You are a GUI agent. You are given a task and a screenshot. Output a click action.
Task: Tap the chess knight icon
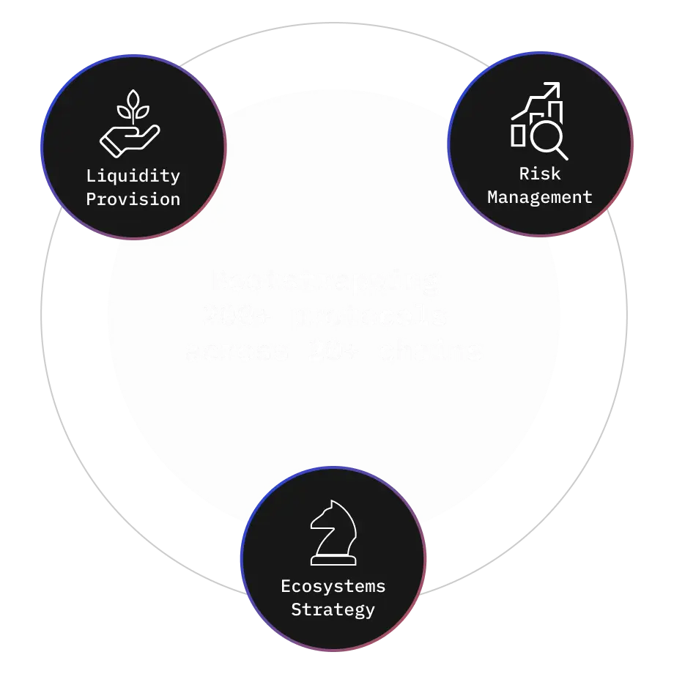click(x=333, y=533)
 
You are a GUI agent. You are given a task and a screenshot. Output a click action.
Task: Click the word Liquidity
click(x=133, y=176)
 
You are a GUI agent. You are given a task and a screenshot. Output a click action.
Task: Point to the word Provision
click(x=133, y=199)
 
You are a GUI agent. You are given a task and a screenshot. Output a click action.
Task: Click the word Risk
click(x=540, y=174)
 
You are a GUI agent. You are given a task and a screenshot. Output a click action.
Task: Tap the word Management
click(x=540, y=197)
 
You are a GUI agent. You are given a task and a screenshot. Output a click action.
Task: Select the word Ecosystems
click(x=333, y=586)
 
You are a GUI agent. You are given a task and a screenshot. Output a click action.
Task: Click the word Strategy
click(x=333, y=610)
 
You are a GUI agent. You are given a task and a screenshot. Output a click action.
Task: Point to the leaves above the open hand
click(x=133, y=106)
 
